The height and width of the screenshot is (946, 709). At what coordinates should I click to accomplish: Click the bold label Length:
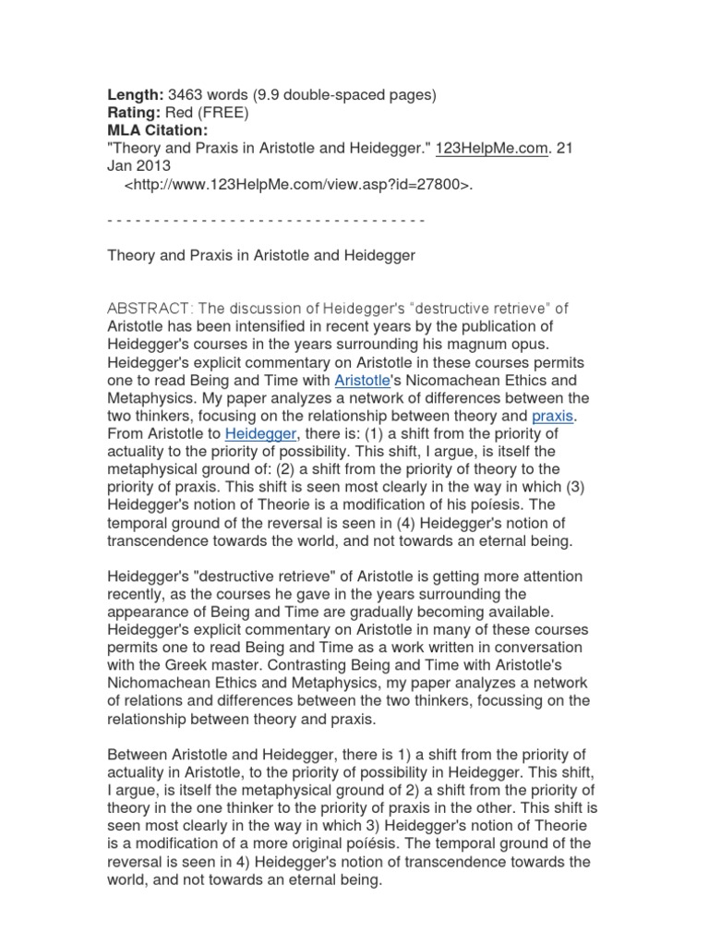point(136,93)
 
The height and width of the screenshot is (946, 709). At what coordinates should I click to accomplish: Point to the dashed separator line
point(266,220)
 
